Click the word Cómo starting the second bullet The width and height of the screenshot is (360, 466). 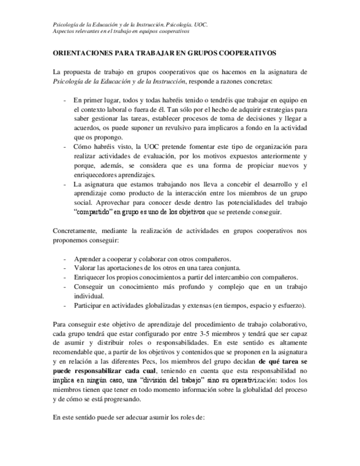83,147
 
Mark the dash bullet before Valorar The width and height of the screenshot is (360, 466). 65,268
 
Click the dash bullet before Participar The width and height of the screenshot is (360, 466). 65,306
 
